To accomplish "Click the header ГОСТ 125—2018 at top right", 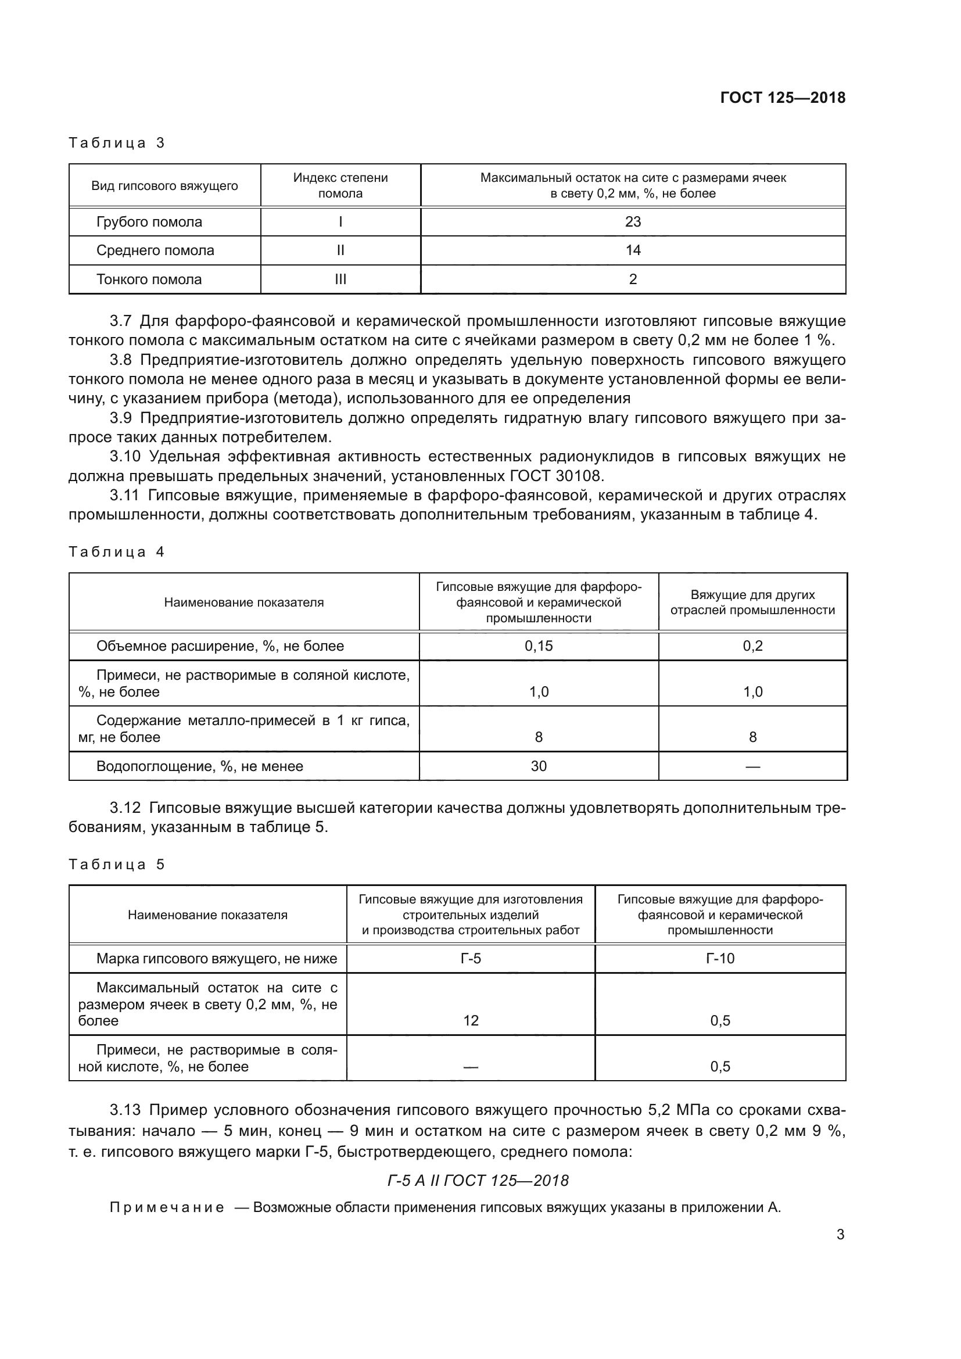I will (782, 98).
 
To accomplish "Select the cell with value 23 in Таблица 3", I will (633, 222).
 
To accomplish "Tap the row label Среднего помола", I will (155, 250).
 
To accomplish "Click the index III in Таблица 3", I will (340, 279).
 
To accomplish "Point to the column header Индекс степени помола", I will (340, 185).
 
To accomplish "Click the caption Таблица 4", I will (116, 552).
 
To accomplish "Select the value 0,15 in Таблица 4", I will (539, 646).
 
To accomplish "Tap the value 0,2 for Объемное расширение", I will (752, 646).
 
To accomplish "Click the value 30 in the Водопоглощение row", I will (539, 766).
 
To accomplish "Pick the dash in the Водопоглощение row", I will (752, 766).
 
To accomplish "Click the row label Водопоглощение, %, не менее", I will (199, 766).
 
